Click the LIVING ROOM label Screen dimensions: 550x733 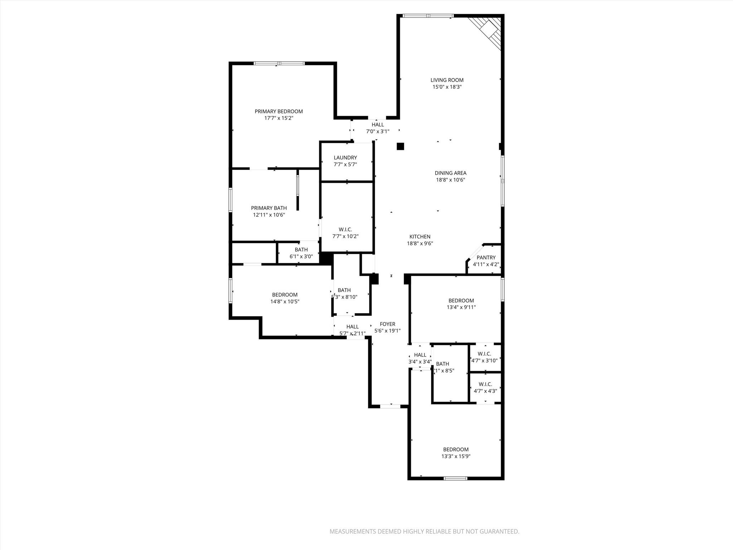pos(447,80)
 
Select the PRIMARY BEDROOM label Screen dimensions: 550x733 pos(278,111)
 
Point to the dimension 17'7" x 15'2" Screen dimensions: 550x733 pos(278,118)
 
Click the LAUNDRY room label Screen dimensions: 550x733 pos(345,158)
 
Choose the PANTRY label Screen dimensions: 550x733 pos(486,257)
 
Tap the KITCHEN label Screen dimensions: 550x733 pos(420,237)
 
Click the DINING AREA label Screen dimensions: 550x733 pos(450,173)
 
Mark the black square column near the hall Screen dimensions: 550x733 pos(400,146)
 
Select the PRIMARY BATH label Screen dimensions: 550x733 pos(268,208)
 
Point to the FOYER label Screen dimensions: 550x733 pos(387,324)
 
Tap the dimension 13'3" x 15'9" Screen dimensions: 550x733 pos(456,456)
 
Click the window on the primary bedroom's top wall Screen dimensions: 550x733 pos(279,63)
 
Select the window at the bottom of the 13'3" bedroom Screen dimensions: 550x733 pos(455,478)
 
